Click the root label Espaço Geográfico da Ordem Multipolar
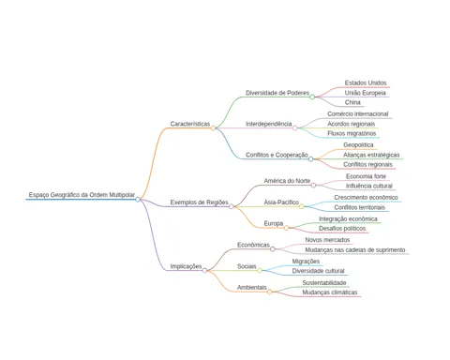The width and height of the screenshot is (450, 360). [x=82, y=195]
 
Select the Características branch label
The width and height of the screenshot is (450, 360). [x=190, y=124]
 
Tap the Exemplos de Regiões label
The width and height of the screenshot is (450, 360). [x=199, y=202]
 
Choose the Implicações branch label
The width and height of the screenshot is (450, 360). [x=186, y=266]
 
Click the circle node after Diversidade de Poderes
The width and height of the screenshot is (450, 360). [x=312, y=97]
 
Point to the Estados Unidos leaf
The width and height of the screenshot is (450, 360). [x=366, y=82]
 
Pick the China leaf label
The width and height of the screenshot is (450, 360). [x=352, y=102]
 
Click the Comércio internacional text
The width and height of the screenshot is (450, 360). [x=358, y=114]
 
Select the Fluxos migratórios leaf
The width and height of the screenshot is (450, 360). [x=352, y=133]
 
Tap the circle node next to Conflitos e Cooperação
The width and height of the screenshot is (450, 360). [x=310, y=159]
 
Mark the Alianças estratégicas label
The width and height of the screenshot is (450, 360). [x=371, y=155]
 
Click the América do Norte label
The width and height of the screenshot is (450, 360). [x=287, y=181]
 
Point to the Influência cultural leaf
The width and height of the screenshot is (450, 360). [x=368, y=186]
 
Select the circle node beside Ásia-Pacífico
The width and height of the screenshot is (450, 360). [x=301, y=206]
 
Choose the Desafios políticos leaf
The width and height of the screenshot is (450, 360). [x=342, y=229]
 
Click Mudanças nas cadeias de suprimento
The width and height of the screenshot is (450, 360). [x=355, y=249]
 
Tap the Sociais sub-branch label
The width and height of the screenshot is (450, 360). [x=247, y=266]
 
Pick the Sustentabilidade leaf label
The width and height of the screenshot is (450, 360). [x=324, y=283]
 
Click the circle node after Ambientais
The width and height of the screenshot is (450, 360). [x=269, y=292]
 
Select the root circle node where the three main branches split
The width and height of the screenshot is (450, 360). [x=138, y=200]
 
